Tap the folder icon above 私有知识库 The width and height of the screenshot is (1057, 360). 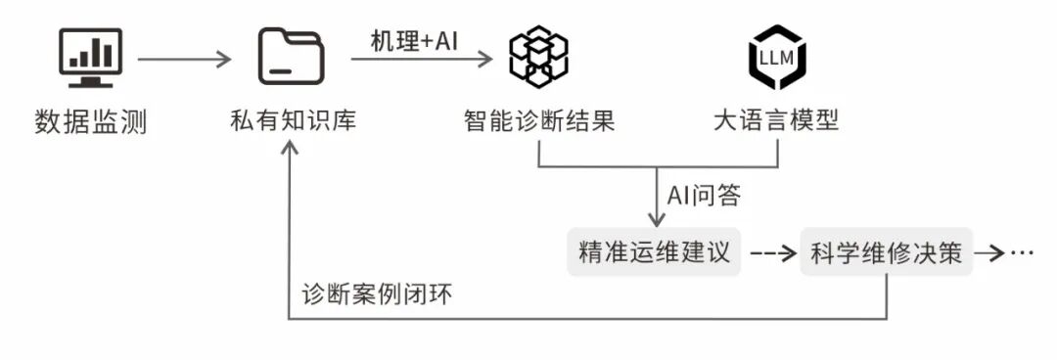tap(291, 57)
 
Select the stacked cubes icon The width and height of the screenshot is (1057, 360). tap(537, 57)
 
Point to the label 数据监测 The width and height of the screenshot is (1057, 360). tap(90, 122)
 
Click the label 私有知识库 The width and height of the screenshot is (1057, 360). tap(290, 122)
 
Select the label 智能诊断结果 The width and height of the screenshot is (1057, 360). tap(538, 122)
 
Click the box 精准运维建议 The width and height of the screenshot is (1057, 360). tap(655, 253)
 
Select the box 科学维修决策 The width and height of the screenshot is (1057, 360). tap(887, 253)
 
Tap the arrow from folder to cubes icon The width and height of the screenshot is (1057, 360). tap(422, 60)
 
